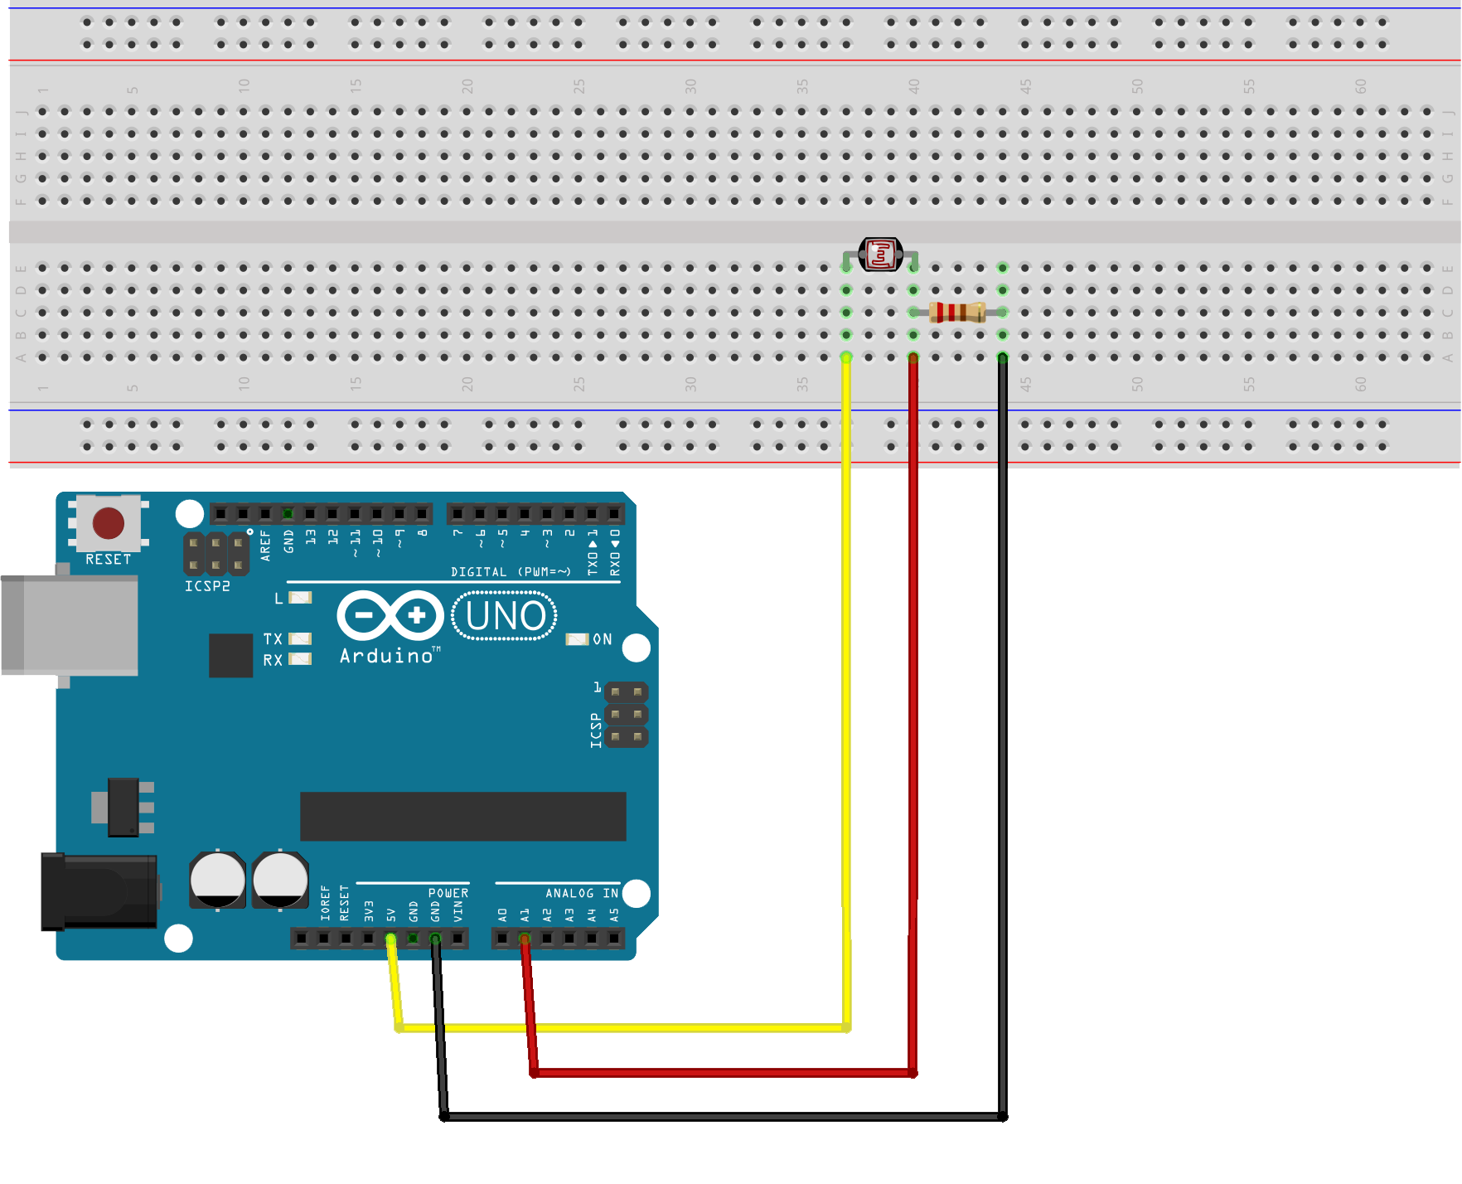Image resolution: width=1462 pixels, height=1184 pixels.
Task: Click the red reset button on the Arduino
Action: [x=109, y=523]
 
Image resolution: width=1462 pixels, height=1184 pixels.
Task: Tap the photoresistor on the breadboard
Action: [x=880, y=254]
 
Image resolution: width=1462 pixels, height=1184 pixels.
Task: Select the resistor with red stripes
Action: [x=957, y=313]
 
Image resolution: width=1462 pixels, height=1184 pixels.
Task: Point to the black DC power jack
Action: [x=99, y=891]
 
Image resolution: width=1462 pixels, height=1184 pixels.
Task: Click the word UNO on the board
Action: [x=506, y=617]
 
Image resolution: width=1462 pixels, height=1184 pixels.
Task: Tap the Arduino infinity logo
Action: [x=390, y=615]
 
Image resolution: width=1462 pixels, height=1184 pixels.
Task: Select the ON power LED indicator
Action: [x=577, y=639]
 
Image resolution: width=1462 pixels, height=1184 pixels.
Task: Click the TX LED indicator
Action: [x=299, y=638]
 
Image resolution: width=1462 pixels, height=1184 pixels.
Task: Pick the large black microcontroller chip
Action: [x=462, y=816]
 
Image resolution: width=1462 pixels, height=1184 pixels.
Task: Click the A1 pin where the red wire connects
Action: [x=525, y=939]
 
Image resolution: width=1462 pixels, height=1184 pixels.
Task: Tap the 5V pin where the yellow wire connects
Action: [x=390, y=939]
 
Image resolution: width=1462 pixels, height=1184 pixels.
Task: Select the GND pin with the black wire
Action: [x=435, y=939]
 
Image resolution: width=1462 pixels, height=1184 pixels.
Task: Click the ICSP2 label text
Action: [x=207, y=586]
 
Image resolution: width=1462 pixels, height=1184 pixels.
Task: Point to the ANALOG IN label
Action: [x=582, y=893]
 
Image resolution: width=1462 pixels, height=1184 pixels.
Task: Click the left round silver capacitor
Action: [x=218, y=879]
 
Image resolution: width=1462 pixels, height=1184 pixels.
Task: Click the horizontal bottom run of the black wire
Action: [x=721, y=1117]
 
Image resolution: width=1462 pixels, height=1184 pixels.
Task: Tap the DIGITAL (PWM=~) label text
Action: [x=511, y=572]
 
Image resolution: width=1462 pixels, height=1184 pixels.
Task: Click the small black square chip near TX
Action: [x=230, y=655]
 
